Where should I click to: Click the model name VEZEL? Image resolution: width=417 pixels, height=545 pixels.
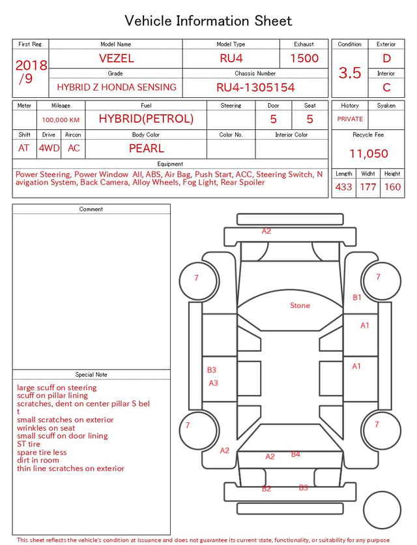point(116,58)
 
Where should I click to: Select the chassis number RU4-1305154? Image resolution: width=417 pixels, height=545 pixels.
point(255,87)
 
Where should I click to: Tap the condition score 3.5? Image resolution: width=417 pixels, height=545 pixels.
point(350,72)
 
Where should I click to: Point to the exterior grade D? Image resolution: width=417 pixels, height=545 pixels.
point(386,58)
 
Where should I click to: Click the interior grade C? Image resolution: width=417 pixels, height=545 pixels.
point(386,87)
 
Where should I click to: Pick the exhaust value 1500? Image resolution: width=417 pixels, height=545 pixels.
point(304,58)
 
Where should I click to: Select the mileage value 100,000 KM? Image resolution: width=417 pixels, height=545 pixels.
point(61,120)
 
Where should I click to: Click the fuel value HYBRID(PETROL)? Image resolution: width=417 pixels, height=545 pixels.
point(146,119)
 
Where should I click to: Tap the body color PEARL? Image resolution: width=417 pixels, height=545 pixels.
point(147,148)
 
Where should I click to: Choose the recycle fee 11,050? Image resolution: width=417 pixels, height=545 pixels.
point(368,153)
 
